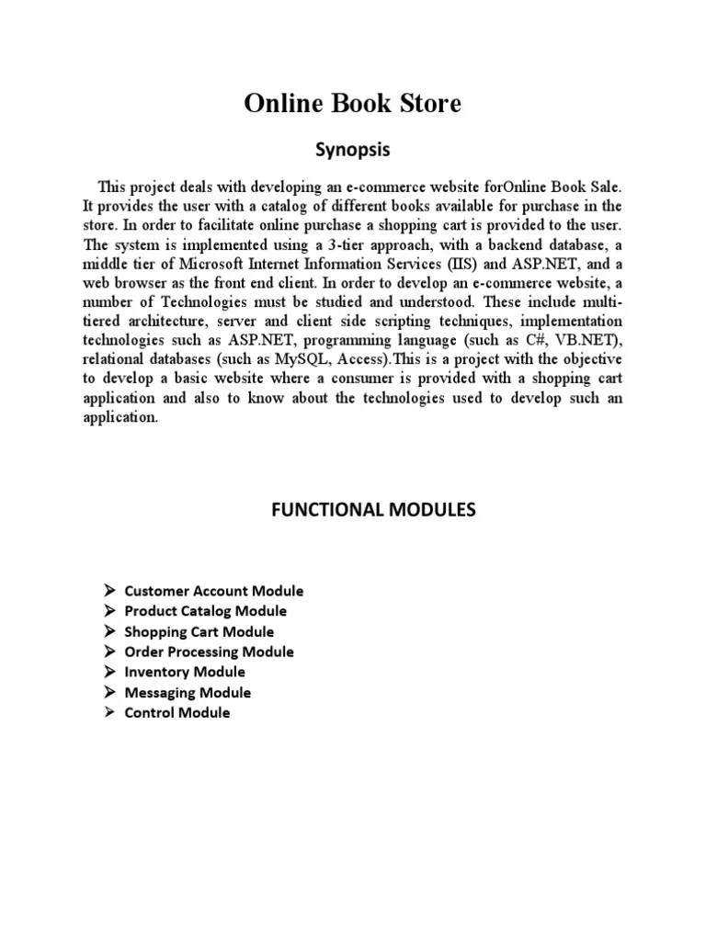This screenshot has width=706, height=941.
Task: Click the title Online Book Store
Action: (352, 105)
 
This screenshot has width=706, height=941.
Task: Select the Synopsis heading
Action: (352, 149)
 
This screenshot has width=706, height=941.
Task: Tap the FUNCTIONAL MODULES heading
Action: (373, 509)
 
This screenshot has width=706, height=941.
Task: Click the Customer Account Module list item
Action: (213, 591)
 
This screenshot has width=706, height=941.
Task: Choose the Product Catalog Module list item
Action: (205, 611)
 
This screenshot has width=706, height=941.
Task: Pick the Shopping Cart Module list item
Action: (199, 631)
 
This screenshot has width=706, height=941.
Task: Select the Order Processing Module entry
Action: (209, 652)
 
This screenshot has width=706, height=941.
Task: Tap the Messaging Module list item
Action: (188, 692)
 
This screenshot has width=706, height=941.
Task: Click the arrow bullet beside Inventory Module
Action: (108, 672)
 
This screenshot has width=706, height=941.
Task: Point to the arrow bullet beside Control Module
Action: (108, 712)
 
